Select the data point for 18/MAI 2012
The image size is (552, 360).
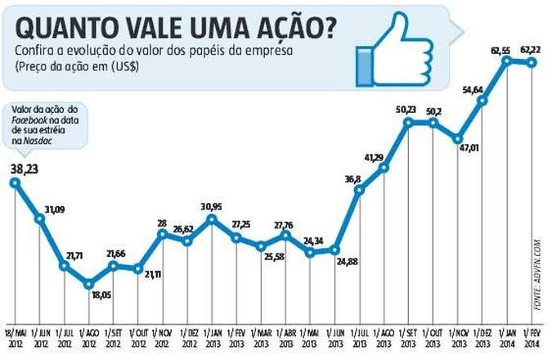coord(15,182)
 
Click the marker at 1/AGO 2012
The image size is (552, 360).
coord(89,285)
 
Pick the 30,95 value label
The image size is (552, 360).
coord(212,205)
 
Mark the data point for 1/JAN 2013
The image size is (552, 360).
coord(212,218)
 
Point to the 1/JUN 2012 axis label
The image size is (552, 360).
coord(38,338)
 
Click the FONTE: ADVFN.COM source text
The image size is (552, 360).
coord(538,274)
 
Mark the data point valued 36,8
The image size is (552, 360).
coord(359,190)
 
